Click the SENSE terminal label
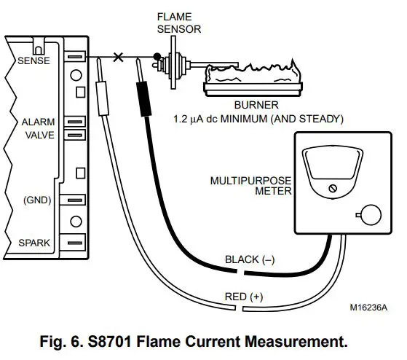pos(33,60)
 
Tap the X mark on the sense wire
pos(119,57)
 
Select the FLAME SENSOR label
pos(179,23)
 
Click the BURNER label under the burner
pos(256,105)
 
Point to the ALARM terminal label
pos(38,122)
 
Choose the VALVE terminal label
pos(40,135)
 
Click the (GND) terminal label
pos(37,200)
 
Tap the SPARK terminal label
pos(34,243)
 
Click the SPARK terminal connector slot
pos(75,243)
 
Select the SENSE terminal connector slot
pos(75,56)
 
